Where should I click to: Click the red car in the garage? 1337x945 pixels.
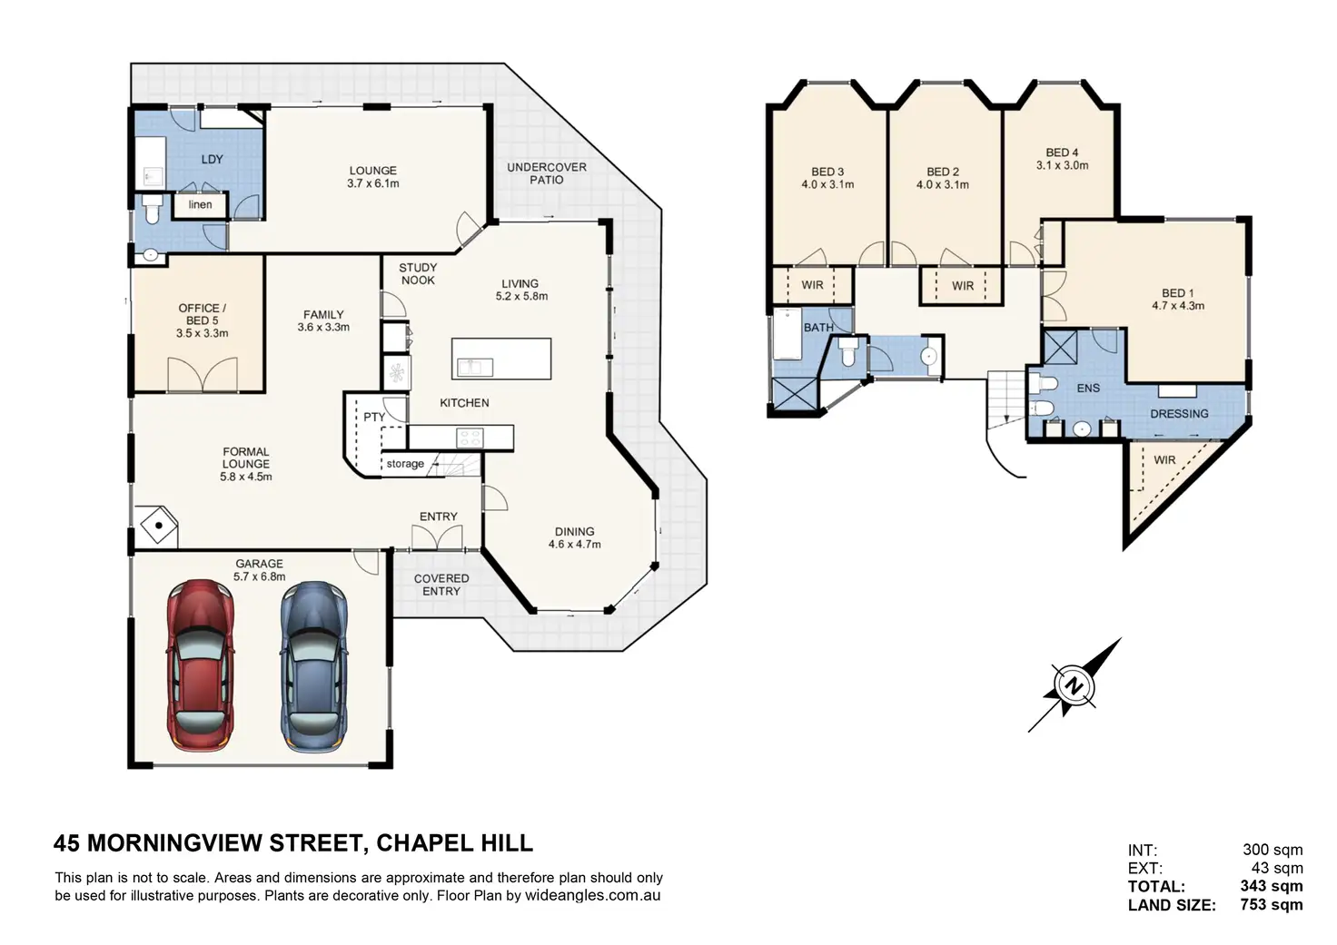coord(200,665)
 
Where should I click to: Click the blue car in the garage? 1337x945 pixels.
coord(313,665)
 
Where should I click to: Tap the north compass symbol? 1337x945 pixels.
coord(1074,685)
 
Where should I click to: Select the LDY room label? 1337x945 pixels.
coord(212,159)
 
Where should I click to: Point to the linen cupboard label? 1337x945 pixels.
coord(200,204)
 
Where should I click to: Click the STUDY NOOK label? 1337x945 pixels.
coord(418,273)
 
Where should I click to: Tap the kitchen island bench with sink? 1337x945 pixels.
coord(501,358)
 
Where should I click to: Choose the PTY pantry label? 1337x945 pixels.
coord(374,417)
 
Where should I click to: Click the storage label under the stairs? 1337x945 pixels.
coord(405,464)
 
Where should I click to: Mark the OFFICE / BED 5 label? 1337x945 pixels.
coord(202,320)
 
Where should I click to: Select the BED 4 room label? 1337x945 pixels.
coord(1062,159)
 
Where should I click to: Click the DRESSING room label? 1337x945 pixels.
coord(1179,413)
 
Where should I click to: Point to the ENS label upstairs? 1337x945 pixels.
coord(1088,388)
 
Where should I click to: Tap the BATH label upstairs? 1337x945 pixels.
coord(818,327)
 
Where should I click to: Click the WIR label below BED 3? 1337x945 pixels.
coord(812,285)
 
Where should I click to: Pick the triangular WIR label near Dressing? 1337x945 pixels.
coord(1164,460)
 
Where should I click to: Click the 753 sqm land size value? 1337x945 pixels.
coord(1271,904)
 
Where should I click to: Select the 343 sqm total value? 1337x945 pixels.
coord(1271,886)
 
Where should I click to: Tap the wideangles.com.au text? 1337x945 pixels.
coord(592,895)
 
